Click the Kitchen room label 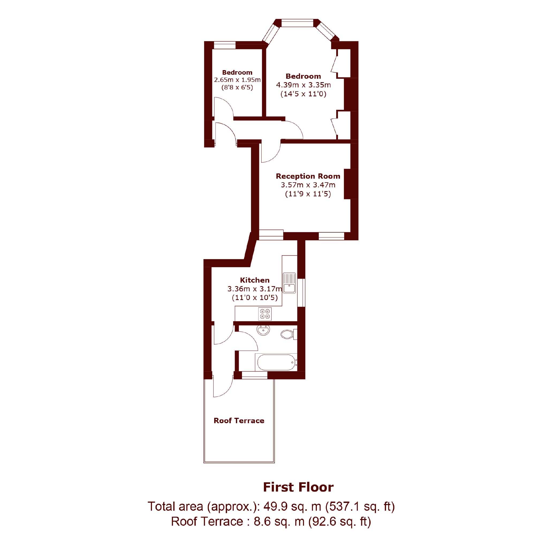point(255,280)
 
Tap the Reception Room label point(308,176)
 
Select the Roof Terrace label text point(239,420)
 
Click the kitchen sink point(289,283)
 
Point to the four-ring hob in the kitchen point(265,314)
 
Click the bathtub point(276,362)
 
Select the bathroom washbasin point(263,330)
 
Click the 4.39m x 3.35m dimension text point(304,85)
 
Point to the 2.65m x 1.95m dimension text point(237,80)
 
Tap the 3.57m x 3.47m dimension point(308,185)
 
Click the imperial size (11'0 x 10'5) point(255,297)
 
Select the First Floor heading point(298,487)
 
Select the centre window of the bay point(297,23)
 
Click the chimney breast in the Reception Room point(351,184)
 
